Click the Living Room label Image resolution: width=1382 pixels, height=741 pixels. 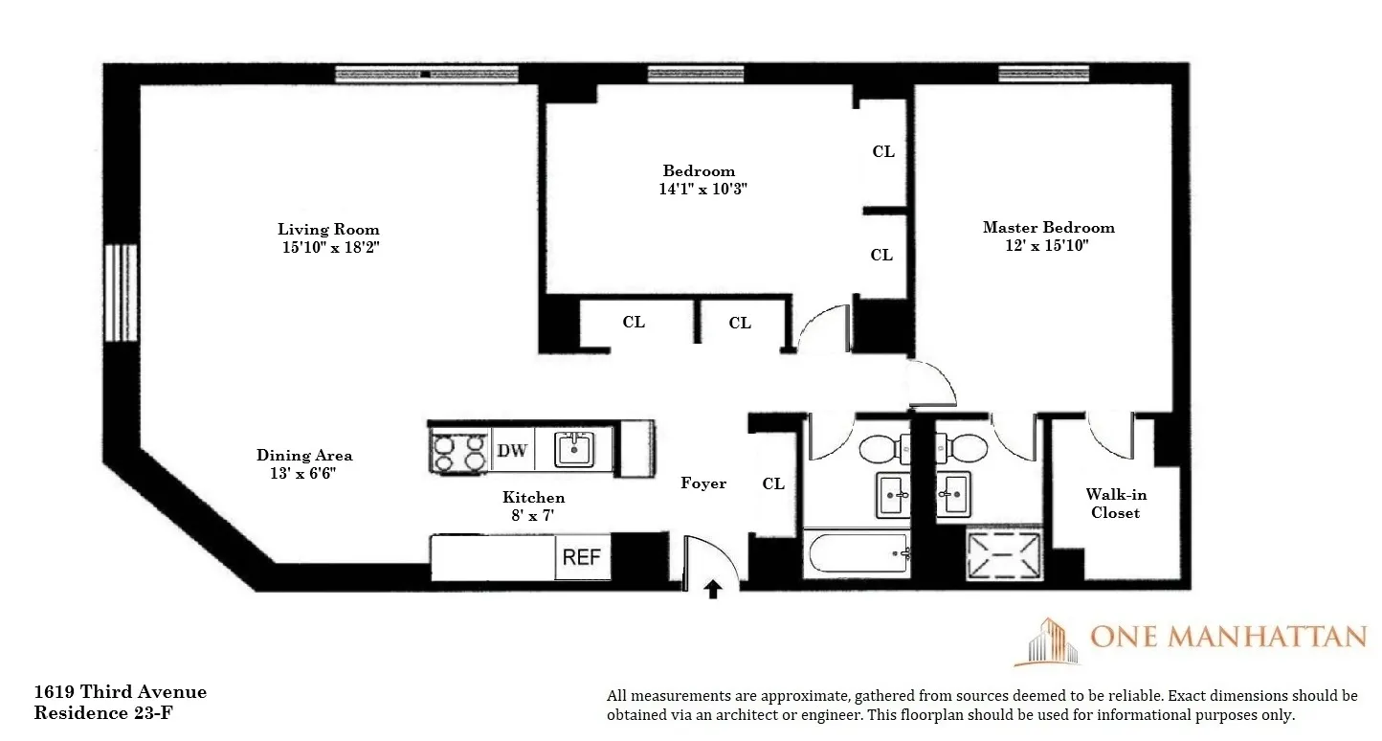pos(328,230)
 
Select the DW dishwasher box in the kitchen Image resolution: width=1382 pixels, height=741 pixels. pos(512,450)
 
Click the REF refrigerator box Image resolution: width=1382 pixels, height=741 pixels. pos(582,557)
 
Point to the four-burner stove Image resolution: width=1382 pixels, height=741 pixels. pos(459,451)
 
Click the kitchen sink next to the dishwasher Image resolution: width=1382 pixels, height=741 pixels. pos(575,448)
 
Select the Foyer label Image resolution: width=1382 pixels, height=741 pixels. pos(703,483)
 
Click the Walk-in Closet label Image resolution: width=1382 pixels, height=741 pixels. pos(1116,504)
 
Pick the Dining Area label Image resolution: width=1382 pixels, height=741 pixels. pos(304,456)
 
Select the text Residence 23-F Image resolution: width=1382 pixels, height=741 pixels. pos(103,713)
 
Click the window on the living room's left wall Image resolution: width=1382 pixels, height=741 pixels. pos(121,293)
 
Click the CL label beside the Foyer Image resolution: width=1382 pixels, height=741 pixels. pos(773,484)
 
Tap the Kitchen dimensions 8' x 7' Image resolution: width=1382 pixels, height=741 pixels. pos(533,516)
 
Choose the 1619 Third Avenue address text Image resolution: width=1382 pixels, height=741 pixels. pos(120,692)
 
